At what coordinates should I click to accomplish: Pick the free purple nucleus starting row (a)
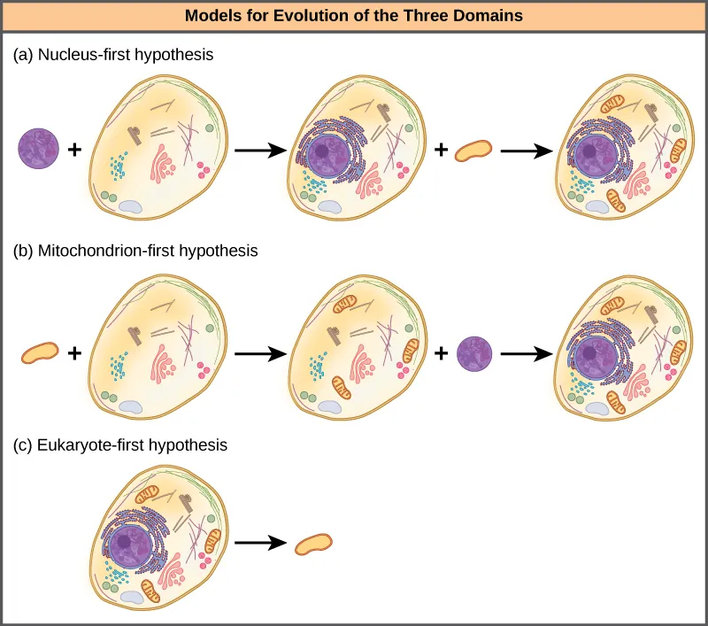coord(39,149)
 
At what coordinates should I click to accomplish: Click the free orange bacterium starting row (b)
coord(39,353)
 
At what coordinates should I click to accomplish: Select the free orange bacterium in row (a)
coord(473,151)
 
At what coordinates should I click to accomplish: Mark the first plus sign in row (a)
coord(75,151)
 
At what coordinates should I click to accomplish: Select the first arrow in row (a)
coord(262,151)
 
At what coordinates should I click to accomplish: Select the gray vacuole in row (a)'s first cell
coord(131,206)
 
